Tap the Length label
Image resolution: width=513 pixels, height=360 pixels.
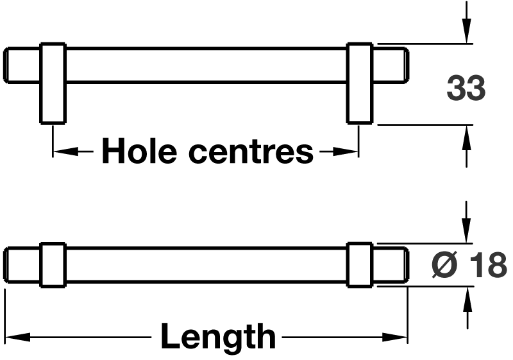[x=218, y=336]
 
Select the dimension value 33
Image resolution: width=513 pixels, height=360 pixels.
[x=466, y=89]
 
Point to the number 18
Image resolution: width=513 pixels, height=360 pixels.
[x=487, y=264]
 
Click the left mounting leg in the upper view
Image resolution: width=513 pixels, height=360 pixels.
[x=53, y=83]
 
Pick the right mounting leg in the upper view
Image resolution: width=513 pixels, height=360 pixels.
[x=359, y=83]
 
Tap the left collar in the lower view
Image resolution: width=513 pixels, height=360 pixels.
[x=53, y=264]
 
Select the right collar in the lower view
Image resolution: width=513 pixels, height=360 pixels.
[x=359, y=264]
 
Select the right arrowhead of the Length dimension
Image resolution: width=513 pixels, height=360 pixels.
[x=399, y=337]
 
